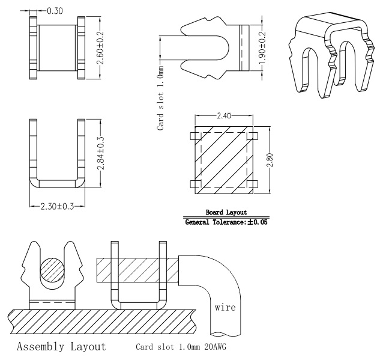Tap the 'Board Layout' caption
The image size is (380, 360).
click(226, 212)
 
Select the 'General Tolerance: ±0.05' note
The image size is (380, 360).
click(226, 222)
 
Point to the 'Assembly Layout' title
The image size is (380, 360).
click(61, 347)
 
